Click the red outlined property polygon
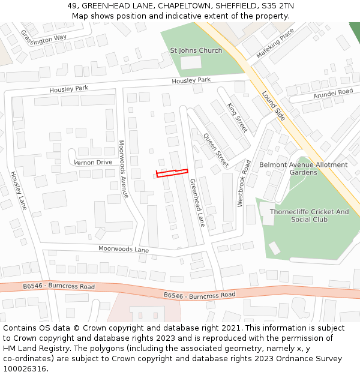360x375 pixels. (172, 173)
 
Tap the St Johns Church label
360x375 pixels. (196, 50)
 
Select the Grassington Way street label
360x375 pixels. (44, 37)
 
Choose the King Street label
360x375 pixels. (237, 118)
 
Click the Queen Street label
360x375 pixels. (216, 150)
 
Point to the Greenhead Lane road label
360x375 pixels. (197, 202)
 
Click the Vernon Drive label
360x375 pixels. (93, 162)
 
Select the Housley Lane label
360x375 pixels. (18, 190)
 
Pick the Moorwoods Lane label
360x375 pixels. (124, 249)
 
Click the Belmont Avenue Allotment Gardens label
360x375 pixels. (303, 169)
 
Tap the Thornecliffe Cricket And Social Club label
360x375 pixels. (309, 215)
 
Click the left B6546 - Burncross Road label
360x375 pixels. (59, 287)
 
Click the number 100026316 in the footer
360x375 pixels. (25, 369)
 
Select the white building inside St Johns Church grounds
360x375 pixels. (191, 62)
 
